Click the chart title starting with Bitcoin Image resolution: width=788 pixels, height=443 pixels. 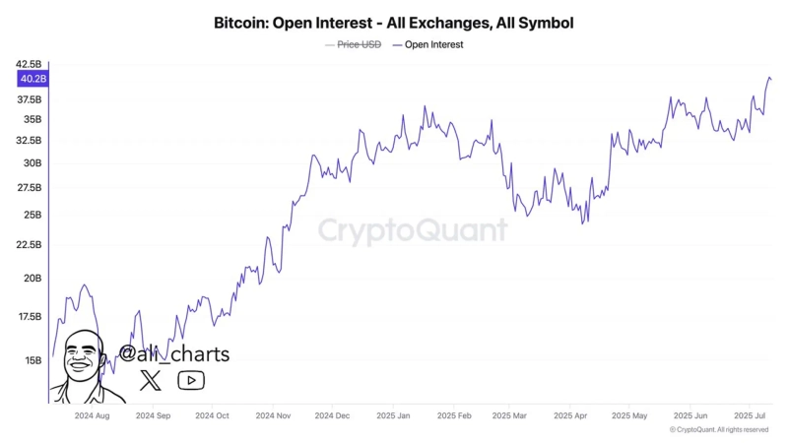coord(393,22)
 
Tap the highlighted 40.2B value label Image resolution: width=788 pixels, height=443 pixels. coord(33,79)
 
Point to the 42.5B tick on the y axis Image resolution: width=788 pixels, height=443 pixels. coord(30,65)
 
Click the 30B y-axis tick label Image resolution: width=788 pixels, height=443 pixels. coord(33,163)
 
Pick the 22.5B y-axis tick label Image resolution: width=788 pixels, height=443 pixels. coord(30,245)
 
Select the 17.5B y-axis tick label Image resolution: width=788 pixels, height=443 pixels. coord(30,317)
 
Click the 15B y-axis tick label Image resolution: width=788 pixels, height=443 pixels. coord(33,361)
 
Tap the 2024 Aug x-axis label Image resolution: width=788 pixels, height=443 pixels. coord(92,416)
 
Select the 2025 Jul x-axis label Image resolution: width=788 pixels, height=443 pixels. coord(753,416)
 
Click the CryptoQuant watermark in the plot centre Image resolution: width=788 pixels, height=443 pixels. coord(413,230)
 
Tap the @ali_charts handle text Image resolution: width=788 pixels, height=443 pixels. coord(174,354)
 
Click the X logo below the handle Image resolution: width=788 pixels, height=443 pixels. coord(151,381)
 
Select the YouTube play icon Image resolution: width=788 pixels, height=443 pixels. coord(191,381)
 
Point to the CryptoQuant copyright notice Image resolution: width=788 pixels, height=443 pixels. coord(718,430)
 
